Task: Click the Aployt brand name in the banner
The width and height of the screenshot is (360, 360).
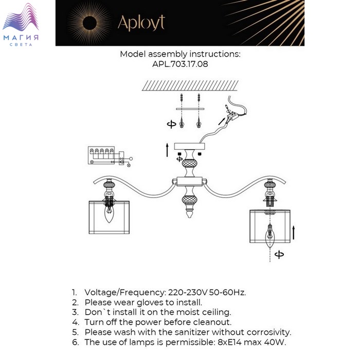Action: point(141,23)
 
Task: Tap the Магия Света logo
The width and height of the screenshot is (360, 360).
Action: point(21,25)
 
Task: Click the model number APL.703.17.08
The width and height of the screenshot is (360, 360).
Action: point(180,64)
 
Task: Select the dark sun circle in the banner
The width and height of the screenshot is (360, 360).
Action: point(89,23)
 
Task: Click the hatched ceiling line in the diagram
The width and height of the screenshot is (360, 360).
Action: point(190,86)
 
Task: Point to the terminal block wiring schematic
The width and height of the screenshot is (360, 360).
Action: point(110,156)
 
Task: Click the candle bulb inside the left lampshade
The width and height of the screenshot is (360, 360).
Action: point(109,214)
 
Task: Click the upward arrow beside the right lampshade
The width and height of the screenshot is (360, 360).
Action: point(294,232)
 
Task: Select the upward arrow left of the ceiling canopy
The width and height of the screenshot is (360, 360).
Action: point(167,150)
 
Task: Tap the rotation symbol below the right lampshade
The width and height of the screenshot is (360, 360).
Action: point(279,255)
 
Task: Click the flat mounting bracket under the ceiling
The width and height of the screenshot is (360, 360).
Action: point(190,109)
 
